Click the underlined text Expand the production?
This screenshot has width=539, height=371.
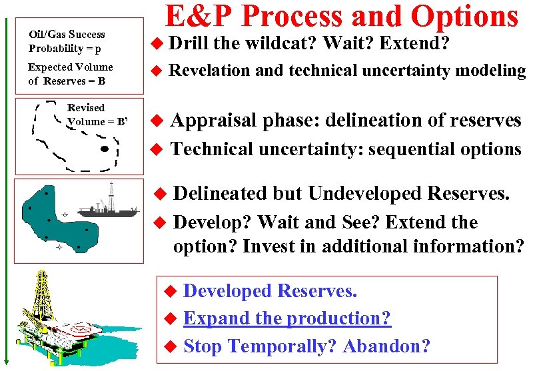286,318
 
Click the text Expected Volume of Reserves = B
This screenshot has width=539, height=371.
70,74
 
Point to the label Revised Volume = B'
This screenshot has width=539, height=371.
96,115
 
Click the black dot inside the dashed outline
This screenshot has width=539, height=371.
103,149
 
